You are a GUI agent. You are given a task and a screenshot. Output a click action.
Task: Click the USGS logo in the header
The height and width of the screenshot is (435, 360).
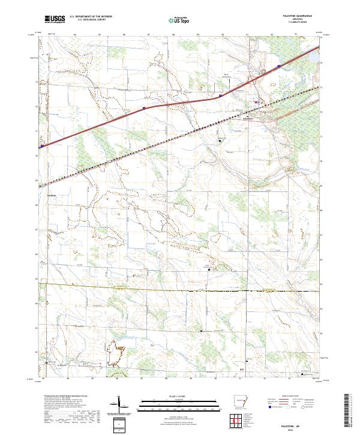[55, 19]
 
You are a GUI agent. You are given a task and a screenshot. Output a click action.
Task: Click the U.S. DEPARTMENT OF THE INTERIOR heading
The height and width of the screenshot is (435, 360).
[91, 16]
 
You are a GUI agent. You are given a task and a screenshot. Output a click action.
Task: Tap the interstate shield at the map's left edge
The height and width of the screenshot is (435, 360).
[42, 145]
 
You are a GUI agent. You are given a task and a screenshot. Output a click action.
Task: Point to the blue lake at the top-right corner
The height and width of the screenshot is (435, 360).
[313, 59]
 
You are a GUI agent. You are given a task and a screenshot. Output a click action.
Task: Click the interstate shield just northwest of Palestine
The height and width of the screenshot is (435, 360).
[221, 95]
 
